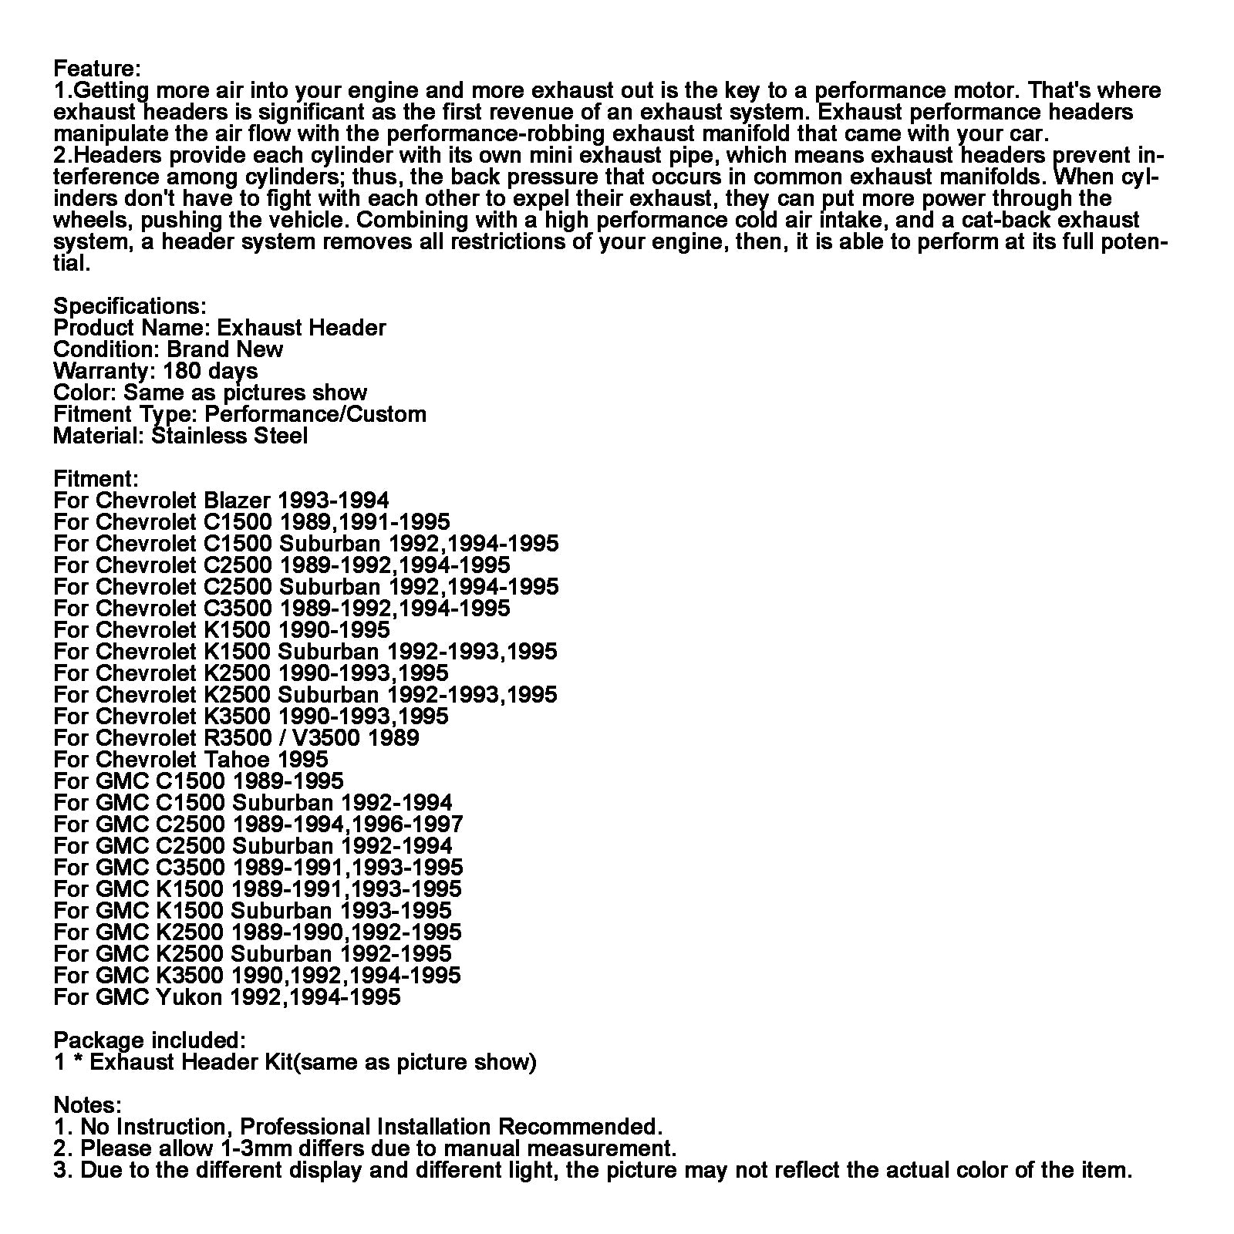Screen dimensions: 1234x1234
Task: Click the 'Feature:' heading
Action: pos(97,69)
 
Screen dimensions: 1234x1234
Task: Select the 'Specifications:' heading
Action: pos(130,306)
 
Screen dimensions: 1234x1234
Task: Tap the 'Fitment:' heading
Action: pos(96,479)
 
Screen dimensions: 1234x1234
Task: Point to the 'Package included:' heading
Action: pos(150,1040)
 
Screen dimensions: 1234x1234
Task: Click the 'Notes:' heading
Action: pos(87,1105)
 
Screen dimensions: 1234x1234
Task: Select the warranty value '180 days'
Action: pos(211,371)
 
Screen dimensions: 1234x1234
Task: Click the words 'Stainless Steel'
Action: pos(230,436)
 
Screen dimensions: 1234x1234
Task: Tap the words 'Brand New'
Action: pos(225,349)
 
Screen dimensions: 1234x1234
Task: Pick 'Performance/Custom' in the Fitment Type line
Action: pos(315,414)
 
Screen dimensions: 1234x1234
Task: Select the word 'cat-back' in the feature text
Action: pos(1003,220)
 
